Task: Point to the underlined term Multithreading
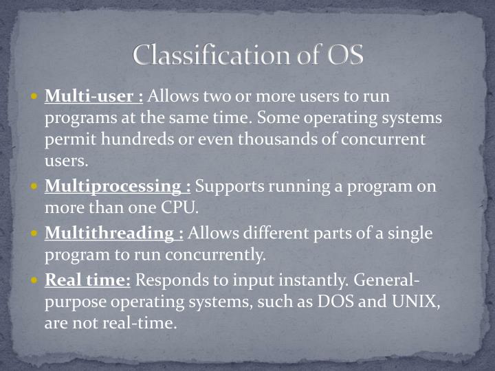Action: click(x=114, y=233)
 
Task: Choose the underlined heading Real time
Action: click(x=87, y=280)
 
